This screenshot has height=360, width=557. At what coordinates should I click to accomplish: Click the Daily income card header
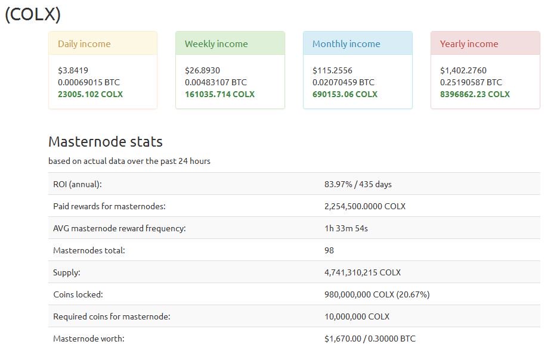(84, 44)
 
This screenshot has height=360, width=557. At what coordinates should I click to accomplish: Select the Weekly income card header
(216, 44)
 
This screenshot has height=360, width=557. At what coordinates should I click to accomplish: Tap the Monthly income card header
(346, 44)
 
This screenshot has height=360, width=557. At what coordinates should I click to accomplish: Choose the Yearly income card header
(469, 44)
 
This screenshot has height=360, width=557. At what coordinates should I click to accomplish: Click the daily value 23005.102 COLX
(91, 94)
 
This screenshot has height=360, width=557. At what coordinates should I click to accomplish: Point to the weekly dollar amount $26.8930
(202, 70)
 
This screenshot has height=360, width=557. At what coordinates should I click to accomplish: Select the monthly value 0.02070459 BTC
(343, 82)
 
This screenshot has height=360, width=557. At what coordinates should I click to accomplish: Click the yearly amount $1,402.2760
(463, 70)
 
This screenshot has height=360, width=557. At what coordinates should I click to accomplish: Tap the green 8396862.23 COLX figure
(475, 94)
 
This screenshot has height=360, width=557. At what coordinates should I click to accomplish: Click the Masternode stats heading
(105, 141)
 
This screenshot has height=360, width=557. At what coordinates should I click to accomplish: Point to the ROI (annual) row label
(78, 184)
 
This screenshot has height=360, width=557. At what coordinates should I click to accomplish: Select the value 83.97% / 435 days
(358, 184)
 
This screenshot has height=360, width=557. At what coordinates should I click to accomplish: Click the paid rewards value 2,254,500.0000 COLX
(364, 206)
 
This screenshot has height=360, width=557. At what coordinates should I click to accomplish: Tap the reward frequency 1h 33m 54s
(347, 228)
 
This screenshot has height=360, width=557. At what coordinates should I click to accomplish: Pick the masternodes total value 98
(329, 250)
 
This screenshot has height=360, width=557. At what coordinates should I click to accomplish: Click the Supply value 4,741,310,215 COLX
(362, 272)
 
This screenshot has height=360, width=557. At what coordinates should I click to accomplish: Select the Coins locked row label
(78, 294)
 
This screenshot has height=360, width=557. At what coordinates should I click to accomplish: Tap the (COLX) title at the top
(33, 14)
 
